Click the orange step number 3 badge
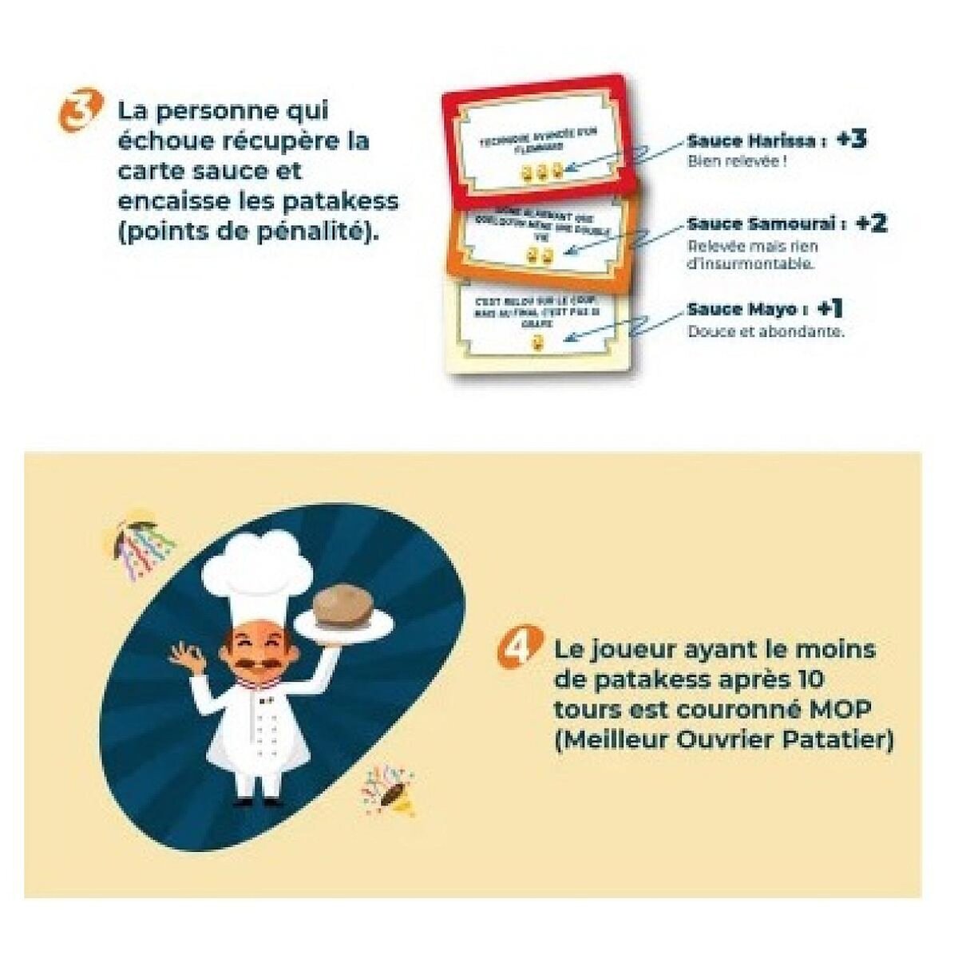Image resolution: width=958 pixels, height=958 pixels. coord(81,110)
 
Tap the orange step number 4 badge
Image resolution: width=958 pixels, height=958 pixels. coord(516,647)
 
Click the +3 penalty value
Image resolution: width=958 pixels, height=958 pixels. coord(851,140)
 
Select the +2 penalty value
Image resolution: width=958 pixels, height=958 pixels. coord(870,224)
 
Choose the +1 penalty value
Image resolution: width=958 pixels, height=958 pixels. coord(829,308)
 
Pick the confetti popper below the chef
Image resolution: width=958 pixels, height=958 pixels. coord(388,787)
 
